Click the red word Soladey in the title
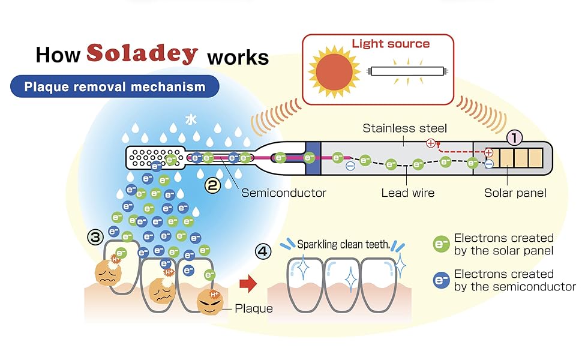[142, 54]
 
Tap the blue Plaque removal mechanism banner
[115, 87]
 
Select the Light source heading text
[391, 44]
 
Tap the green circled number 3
[95, 237]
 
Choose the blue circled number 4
[262, 251]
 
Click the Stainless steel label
[404, 128]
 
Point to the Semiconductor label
[284, 193]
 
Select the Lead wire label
[407, 193]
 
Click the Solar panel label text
[515, 193]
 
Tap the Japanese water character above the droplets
[191, 119]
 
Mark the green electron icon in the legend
[441, 244]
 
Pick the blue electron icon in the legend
[441, 280]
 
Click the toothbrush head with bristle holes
[150, 158]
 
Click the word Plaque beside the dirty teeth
[253, 308]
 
